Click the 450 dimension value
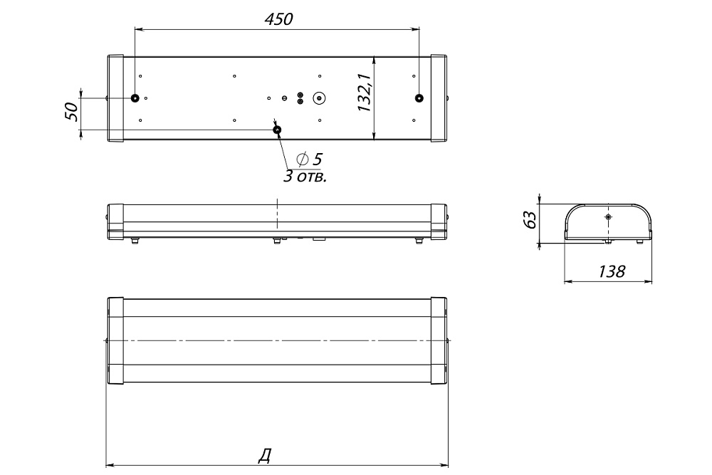(278, 19)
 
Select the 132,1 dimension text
(365, 92)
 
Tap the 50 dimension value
(72, 111)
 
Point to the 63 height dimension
(530, 219)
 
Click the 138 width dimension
(612, 271)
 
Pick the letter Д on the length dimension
(265, 456)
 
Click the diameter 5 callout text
(309, 159)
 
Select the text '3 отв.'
(305, 176)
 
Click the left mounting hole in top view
(135, 98)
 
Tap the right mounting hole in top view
(419, 98)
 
